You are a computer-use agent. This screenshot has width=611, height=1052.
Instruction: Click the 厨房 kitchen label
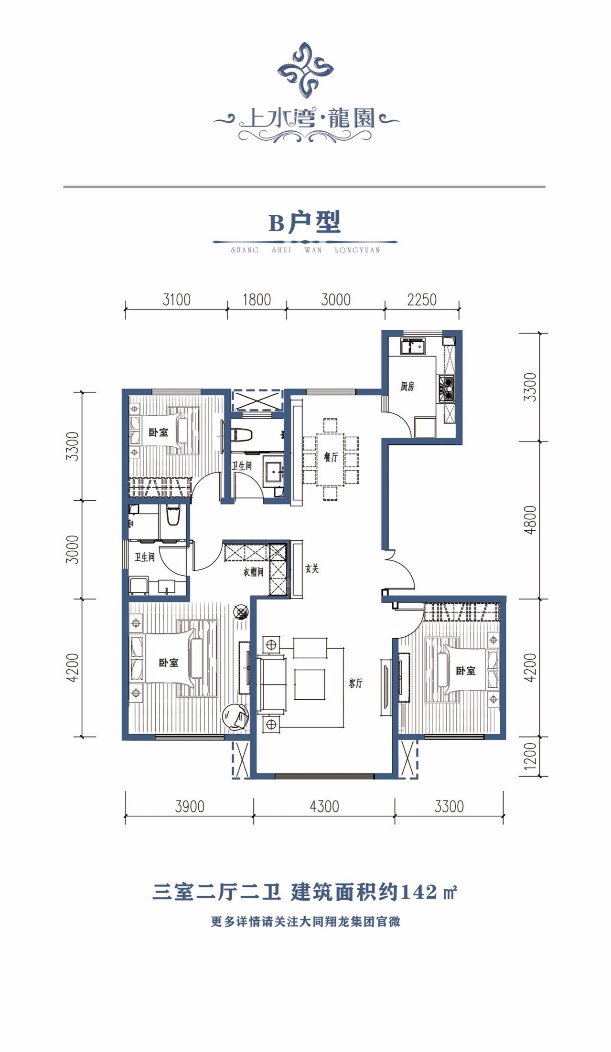(407, 387)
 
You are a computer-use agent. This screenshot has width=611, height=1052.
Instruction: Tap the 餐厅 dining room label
(331, 457)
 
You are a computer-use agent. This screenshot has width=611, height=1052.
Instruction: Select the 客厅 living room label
(355, 684)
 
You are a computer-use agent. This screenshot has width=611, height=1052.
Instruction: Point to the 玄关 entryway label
(312, 569)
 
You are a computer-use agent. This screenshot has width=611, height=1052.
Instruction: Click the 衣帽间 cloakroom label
(253, 571)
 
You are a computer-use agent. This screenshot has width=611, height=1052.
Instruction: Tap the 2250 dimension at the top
(422, 300)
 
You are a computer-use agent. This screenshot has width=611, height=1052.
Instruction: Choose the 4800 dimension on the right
(530, 520)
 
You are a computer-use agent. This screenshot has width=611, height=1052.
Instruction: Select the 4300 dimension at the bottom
(324, 807)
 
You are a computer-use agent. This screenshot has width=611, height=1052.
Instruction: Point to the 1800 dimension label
(257, 300)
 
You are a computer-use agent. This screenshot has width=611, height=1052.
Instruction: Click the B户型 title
(304, 222)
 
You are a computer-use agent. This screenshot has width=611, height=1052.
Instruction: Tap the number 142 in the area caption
(419, 891)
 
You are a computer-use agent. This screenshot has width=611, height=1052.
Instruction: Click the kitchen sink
(413, 345)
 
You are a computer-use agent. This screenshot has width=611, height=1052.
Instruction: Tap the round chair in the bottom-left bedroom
(235, 717)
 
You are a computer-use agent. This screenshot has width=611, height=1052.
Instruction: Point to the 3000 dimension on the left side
(72, 549)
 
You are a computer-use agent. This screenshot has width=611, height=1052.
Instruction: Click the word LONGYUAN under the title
(357, 250)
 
